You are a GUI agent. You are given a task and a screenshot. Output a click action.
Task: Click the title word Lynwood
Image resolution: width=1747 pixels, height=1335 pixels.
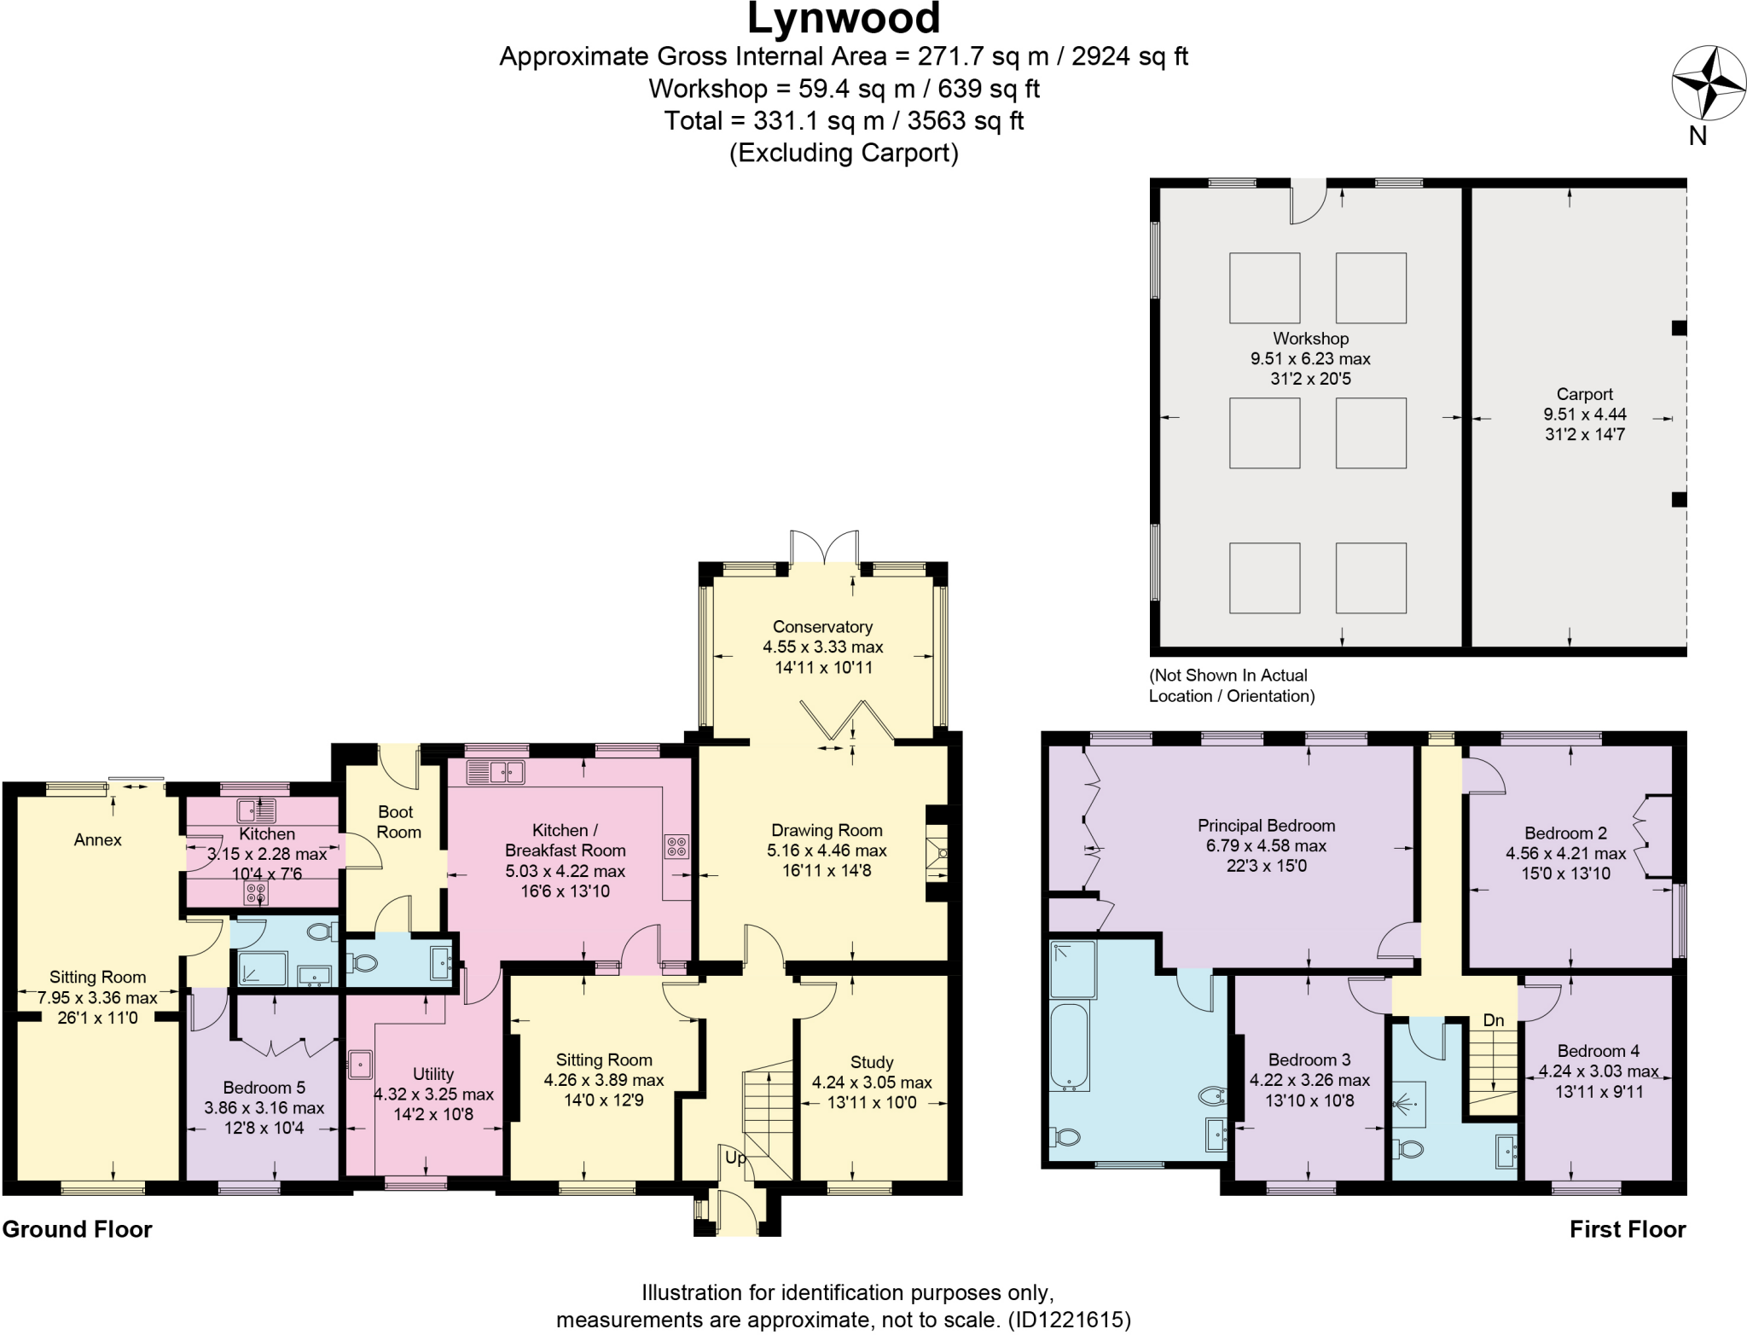pos(843,19)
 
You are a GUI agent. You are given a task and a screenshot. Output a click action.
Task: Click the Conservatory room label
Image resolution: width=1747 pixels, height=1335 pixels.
pos(822,627)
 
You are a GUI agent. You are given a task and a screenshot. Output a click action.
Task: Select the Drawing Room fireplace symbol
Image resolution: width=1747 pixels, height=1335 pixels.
pos(937,852)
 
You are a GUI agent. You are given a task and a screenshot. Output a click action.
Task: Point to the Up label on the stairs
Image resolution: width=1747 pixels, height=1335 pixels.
pos(735,1158)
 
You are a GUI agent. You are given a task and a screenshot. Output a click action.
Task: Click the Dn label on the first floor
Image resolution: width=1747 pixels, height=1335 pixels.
pos(1493,1020)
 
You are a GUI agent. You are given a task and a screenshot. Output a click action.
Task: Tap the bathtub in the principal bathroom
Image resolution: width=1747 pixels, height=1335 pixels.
pos(1069,1048)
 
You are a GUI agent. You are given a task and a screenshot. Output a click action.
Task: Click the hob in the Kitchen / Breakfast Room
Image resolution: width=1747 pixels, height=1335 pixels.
pos(676,846)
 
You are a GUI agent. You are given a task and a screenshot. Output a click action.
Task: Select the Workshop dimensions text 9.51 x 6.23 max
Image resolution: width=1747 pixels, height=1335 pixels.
pos(1310,359)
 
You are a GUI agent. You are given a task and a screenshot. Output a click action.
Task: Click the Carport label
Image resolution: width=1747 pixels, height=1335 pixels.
pos(1584,394)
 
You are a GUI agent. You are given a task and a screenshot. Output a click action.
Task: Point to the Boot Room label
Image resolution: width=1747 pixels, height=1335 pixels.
pos(398,821)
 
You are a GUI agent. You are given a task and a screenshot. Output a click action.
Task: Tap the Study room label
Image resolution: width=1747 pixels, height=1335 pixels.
pos(871,1062)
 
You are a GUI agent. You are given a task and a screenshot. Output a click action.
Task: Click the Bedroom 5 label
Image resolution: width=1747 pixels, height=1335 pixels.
pos(264,1088)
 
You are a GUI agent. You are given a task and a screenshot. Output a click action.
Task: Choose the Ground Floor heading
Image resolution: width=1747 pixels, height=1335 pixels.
pos(77,1229)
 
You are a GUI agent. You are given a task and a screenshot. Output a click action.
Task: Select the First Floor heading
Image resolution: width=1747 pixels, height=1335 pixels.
pos(1627,1229)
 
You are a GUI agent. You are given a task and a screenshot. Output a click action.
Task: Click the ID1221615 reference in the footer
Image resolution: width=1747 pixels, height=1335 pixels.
pos(1070,1320)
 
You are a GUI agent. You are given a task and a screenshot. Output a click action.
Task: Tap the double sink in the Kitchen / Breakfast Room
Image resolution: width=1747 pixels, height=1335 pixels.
pos(497,773)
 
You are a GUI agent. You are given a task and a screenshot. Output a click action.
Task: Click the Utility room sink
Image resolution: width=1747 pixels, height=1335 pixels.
pos(360,1065)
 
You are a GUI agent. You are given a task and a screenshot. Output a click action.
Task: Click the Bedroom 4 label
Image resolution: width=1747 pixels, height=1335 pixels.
pos(1598,1051)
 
